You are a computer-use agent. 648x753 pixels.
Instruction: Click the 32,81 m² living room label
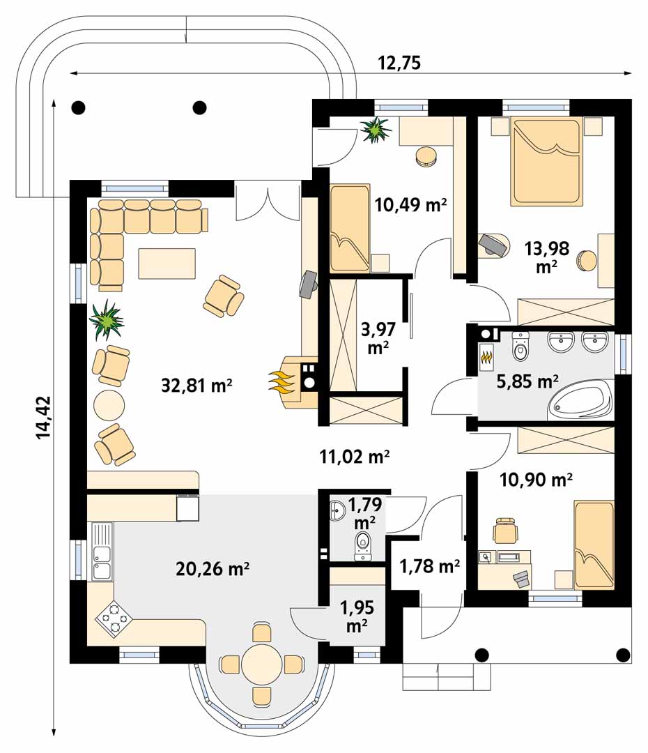pos(196,385)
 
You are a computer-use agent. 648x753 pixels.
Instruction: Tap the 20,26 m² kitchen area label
pos(213,569)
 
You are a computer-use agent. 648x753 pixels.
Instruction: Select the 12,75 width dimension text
pos(399,63)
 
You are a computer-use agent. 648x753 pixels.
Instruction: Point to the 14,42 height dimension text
pos(43,418)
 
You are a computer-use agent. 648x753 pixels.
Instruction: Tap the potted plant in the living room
pos(107,319)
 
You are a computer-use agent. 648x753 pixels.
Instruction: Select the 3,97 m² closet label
pos(378,338)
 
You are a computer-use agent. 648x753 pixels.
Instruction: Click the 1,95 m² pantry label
pos(357,616)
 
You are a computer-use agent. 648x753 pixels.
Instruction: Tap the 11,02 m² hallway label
pos(354,456)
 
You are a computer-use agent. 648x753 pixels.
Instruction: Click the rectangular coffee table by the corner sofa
pos(167,263)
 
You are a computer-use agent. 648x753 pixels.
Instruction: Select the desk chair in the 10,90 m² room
pos(506,531)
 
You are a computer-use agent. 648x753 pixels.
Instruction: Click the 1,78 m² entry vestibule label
pos(430,566)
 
